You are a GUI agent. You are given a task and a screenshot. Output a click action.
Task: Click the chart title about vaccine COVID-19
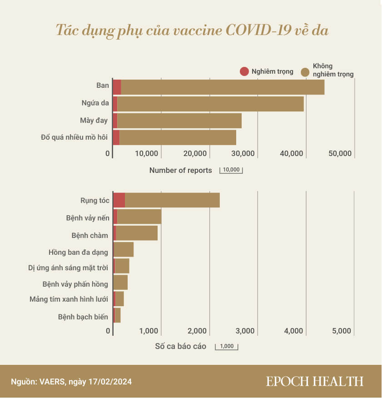[191, 30]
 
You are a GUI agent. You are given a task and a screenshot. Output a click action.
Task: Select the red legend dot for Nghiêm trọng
[244, 71]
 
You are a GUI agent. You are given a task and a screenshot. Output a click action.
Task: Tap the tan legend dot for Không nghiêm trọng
[306, 71]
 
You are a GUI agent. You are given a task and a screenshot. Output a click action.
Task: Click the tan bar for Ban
[223, 87]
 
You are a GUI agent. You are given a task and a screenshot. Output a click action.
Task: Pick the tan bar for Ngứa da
[210, 104]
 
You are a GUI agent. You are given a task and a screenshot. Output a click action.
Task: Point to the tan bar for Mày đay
[179, 121]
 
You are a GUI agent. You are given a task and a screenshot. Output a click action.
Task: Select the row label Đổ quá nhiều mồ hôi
[74, 137]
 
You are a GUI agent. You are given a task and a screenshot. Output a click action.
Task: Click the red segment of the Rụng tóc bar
[119, 200]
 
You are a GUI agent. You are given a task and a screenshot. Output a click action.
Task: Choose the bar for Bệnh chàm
[136, 233]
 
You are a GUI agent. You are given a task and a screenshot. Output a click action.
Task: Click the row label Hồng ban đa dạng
[78, 252]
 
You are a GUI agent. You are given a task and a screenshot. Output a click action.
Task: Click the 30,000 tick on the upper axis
[243, 154]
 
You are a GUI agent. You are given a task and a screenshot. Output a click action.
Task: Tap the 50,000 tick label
[340, 154]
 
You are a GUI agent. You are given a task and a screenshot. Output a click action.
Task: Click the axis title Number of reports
[180, 171]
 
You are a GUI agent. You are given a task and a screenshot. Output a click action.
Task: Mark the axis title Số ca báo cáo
[180, 347]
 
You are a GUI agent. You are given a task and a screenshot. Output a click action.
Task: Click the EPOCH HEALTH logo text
[314, 381]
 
